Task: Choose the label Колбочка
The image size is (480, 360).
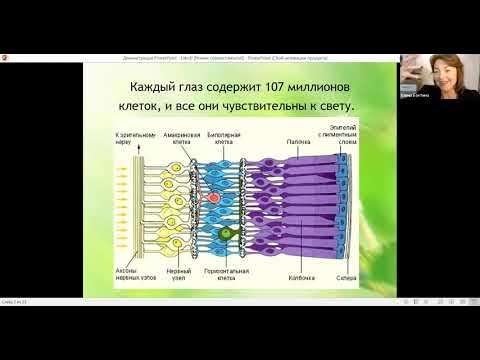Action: coord(298,277)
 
